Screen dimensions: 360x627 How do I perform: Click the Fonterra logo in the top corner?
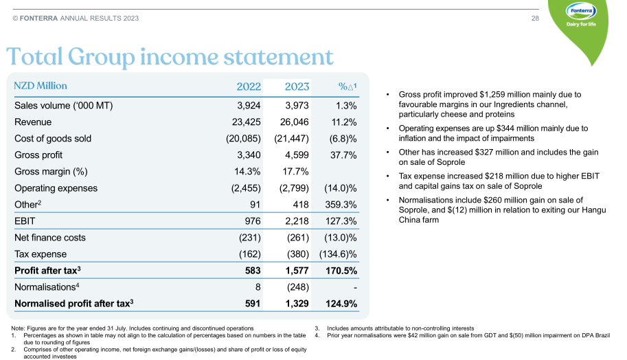pyautogui.click(x=580, y=14)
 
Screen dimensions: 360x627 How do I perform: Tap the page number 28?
pyautogui.click(x=536, y=18)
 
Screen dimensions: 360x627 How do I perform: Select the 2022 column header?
pyautogui.click(x=249, y=87)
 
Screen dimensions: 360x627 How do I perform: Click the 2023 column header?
pyautogui.click(x=297, y=87)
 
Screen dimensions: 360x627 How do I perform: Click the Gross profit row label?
pyautogui.click(x=38, y=155)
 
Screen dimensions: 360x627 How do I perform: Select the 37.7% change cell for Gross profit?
pyautogui.click(x=343, y=155)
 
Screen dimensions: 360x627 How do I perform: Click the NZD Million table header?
pyautogui.click(x=41, y=87)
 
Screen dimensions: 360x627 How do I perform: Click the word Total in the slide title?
pyautogui.click(x=41, y=56)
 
